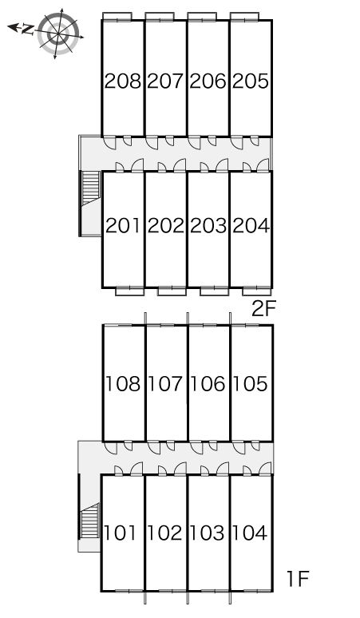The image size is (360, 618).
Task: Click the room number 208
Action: (x=123, y=81)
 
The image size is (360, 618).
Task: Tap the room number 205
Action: (x=251, y=81)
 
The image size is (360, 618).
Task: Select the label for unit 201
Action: (x=123, y=226)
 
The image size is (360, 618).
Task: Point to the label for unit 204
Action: (x=251, y=226)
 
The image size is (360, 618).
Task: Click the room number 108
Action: (x=123, y=383)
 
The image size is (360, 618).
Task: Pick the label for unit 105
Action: (x=251, y=383)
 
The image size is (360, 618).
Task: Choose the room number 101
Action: (x=121, y=533)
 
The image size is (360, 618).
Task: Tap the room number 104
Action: (x=250, y=533)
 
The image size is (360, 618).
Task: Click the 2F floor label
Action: (x=263, y=309)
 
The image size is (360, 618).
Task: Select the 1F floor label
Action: (x=297, y=579)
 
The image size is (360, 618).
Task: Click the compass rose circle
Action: (x=58, y=34)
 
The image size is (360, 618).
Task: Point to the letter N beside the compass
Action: (x=27, y=30)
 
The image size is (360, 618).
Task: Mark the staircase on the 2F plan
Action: (x=90, y=188)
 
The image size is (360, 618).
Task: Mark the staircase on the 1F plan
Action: (x=90, y=521)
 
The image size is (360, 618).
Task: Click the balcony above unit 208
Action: (x=117, y=16)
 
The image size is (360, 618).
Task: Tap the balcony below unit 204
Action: (x=256, y=291)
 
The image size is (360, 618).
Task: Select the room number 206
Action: (x=208, y=81)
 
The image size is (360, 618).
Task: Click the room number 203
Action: (x=208, y=226)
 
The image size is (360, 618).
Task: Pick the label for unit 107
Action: (x=165, y=383)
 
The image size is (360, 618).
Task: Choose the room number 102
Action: (x=165, y=533)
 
